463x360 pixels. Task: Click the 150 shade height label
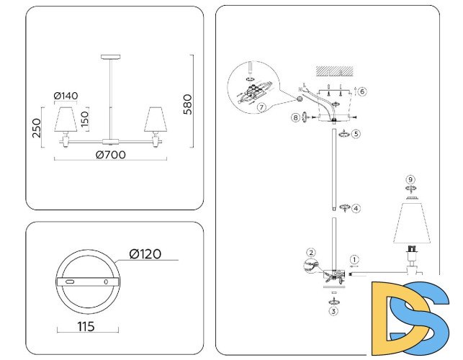point(86,119)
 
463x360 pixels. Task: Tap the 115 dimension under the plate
point(87,326)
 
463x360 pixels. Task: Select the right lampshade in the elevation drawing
point(153,120)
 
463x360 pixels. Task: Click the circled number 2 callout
point(311,252)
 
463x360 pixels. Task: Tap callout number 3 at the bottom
point(333,311)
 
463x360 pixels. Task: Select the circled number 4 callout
point(356,208)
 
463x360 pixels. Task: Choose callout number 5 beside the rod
point(356,133)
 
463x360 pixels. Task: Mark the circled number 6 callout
point(362,91)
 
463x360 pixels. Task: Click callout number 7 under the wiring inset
point(261,107)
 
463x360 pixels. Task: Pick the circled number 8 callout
point(296,117)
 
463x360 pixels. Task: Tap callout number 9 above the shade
point(410,180)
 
